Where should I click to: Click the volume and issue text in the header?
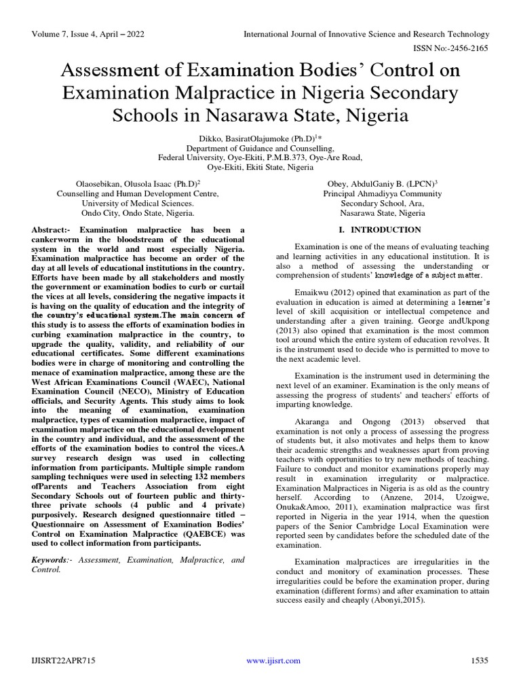click(88, 34)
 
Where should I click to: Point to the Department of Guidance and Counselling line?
click(260, 147)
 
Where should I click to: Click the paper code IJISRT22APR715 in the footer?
click(64, 660)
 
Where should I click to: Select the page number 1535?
click(479, 660)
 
